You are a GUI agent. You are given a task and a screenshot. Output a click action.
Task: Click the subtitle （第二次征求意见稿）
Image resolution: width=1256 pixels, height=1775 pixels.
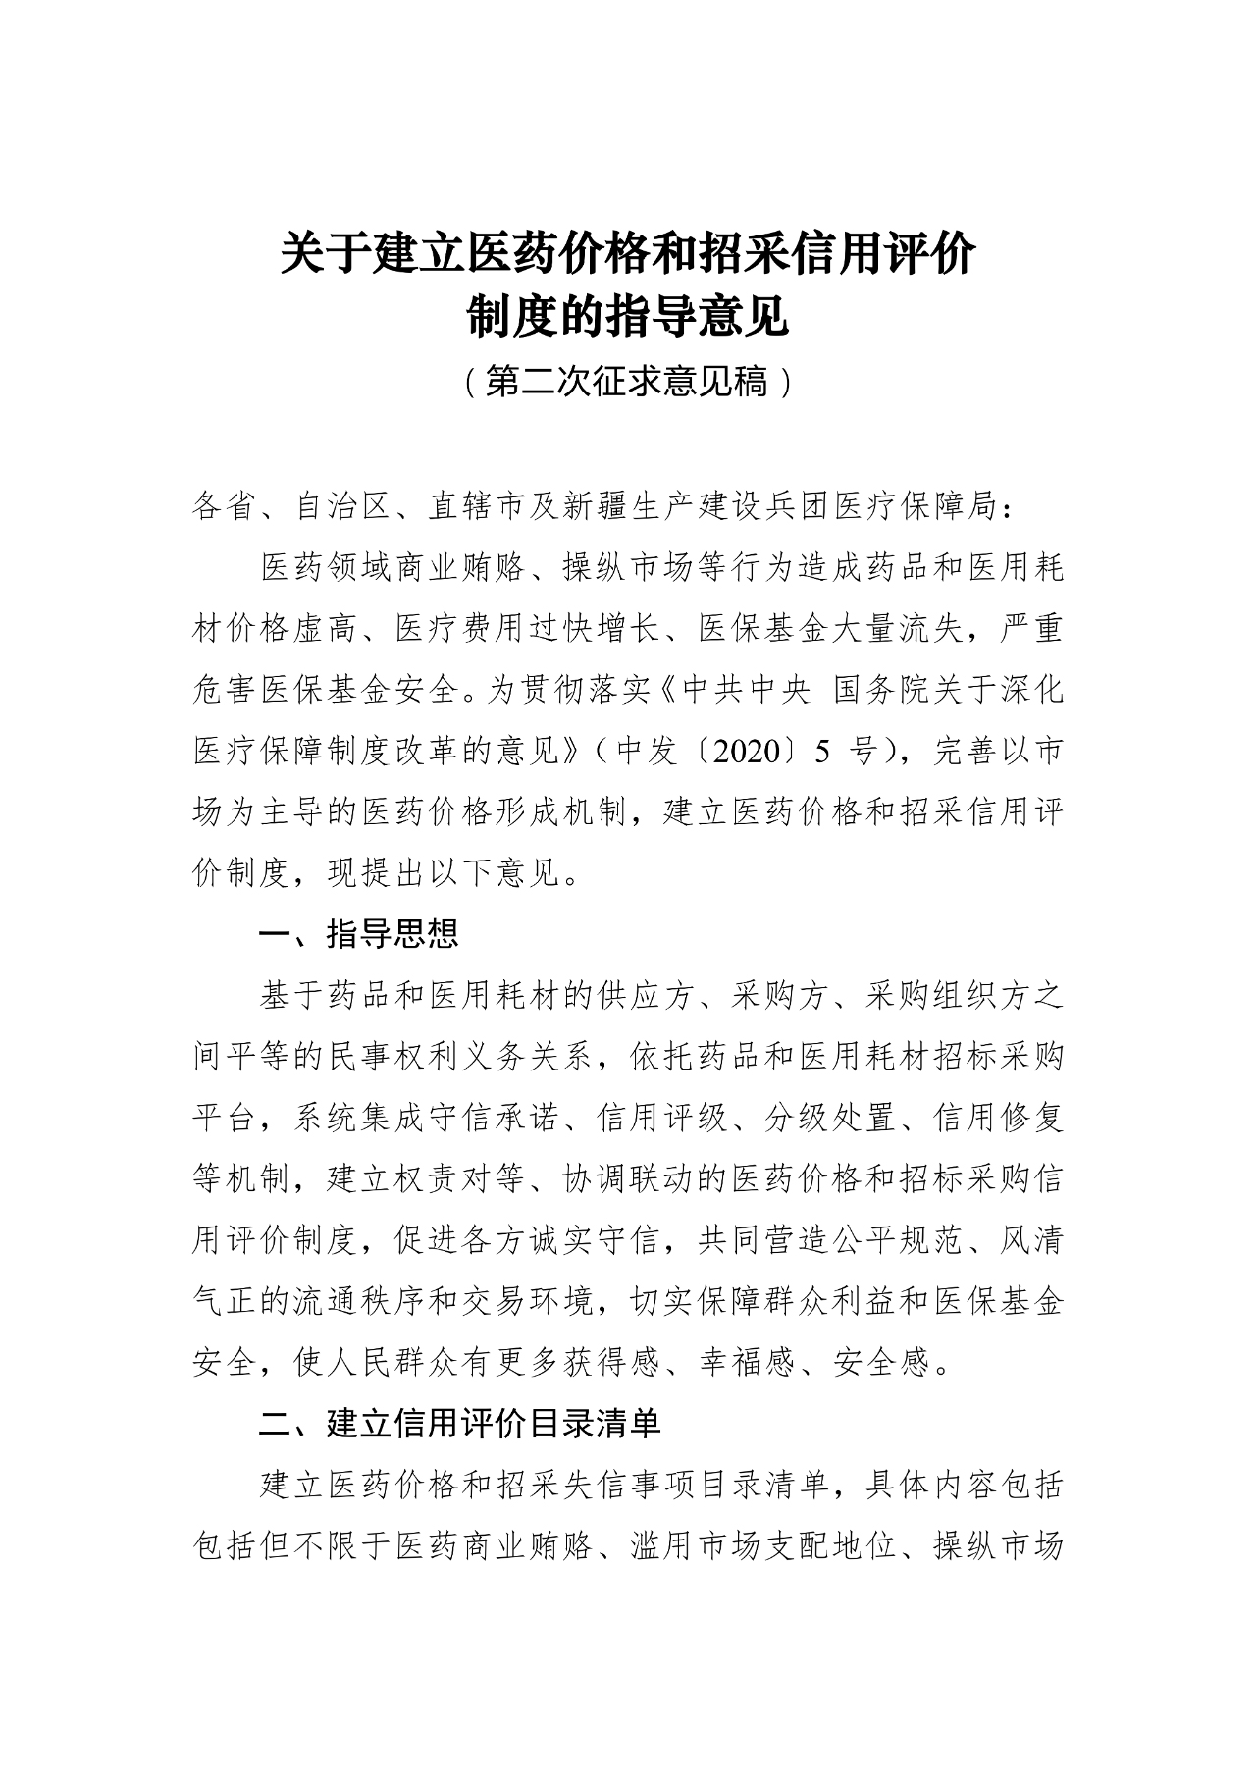point(627,382)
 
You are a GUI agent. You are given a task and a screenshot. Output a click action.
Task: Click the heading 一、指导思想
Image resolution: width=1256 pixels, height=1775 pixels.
point(358,933)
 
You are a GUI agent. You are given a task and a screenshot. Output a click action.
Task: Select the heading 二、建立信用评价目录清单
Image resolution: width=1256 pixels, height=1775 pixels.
point(459,1423)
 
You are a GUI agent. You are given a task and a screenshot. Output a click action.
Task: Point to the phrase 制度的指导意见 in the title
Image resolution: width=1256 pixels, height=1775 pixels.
point(627,316)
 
